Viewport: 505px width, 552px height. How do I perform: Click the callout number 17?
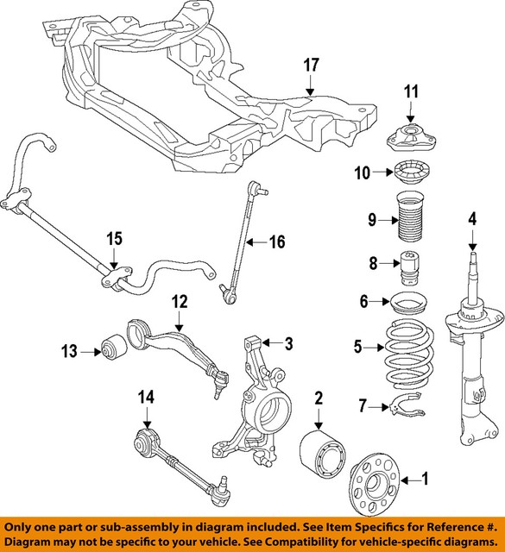click(311, 66)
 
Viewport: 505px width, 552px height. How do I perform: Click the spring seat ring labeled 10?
click(410, 172)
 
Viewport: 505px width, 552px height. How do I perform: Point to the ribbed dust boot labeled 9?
click(410, 223)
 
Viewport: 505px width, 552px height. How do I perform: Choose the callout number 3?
click(265, 343)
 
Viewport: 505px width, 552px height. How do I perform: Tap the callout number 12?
click(179, 302)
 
